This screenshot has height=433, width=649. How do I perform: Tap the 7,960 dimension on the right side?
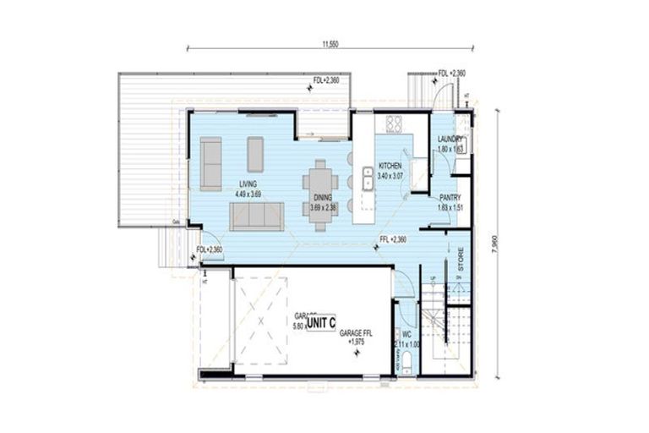coord(505,246)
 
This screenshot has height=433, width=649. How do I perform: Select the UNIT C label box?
coord(321,323)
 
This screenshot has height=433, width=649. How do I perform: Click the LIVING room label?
coord(248,184)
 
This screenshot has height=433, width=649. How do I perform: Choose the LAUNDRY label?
coord(450,139)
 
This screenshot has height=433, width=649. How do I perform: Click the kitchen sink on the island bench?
coord(368,178)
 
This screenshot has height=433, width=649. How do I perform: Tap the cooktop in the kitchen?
coord(393,124)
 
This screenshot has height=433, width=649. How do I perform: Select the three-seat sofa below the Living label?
coord(257,217)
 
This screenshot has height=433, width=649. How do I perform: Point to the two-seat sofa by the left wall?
coord(210,162)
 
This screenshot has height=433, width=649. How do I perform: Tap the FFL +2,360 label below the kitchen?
coord(393,240)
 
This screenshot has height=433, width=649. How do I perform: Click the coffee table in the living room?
coord(255,155)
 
